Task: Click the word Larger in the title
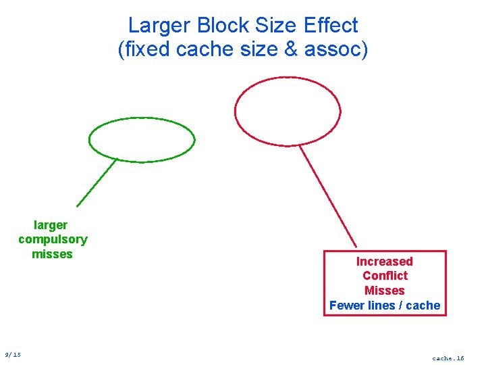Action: pos(160,26)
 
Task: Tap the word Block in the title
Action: pos(223,26)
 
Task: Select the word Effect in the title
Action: pos(331,26)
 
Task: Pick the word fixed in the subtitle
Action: pos(144,49)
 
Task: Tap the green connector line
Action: pos(97,182)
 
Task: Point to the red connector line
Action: pos(327,196)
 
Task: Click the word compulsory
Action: pos(53,239)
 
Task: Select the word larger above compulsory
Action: pos(51,225)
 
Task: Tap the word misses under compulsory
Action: pos(52,254)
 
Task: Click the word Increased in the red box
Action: pos(385,262)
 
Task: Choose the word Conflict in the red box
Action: pos(385,276)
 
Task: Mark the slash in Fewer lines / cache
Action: pos(400,306)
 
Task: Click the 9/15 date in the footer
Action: pos(13,354)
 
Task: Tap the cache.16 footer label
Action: pos(448,358)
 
